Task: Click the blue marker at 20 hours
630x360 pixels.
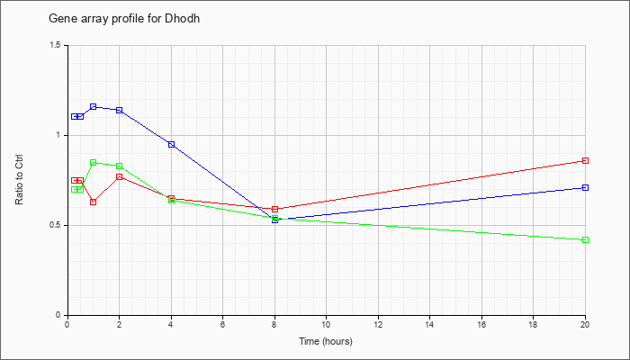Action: (x=585, y=187)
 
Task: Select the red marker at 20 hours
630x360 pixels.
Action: (x=585, y=161)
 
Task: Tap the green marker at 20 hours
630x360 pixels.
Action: (x=585, y=240)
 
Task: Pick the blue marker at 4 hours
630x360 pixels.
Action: (x=172, y=144)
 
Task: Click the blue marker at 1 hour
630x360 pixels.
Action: (x=94, y=106)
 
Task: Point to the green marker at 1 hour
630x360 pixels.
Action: (x=94, y=162)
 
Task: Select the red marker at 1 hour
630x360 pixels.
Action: (x=94, y=202)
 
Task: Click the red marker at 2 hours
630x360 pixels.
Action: (x=120, y=176)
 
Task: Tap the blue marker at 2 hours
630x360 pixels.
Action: (x=120, y=110)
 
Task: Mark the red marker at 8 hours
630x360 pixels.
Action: (x=274, y=209)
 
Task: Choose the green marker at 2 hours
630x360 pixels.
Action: (x=120, y=166)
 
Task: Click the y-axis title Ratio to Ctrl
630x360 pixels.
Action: (x=19, y=179)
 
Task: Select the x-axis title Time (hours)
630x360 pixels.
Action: (x=326, y=341)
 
